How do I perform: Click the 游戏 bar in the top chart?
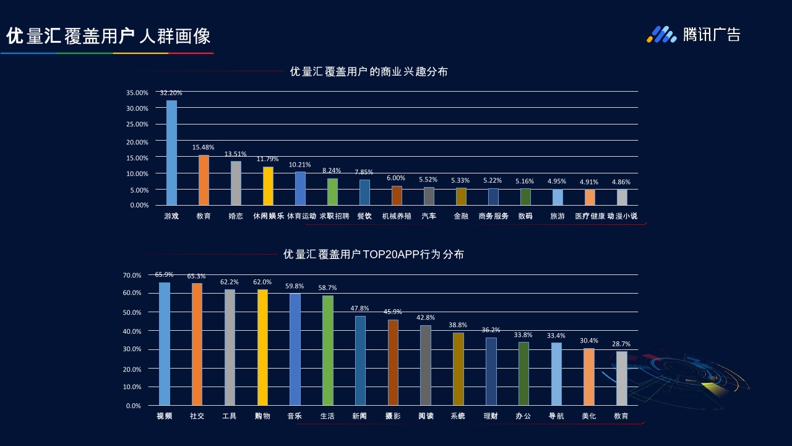point(171,152)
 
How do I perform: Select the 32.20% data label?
point(171,93)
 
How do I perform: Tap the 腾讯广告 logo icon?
point(661,35)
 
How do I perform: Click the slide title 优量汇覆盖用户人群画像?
point(108,36)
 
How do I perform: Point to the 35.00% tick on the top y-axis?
point(137,93)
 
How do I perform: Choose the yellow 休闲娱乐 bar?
point(268,186)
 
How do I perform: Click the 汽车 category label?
point(429,216)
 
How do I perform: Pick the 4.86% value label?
point(621,182)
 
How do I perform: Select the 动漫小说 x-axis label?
point(622,216)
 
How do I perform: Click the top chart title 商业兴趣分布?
point(369,72)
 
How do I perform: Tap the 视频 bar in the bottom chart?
point(165,344)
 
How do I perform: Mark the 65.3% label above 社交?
point(197,276)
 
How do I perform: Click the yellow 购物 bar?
point(262,347)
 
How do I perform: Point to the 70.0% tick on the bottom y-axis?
point(132,275)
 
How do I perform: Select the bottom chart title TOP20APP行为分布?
point(373,255)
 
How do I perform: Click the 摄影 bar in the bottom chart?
point(393,362)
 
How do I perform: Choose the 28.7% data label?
point(621,344)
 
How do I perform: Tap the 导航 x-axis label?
point(556,416)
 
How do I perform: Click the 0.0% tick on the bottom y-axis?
point(134,406)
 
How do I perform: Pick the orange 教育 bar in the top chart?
point(204,180)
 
